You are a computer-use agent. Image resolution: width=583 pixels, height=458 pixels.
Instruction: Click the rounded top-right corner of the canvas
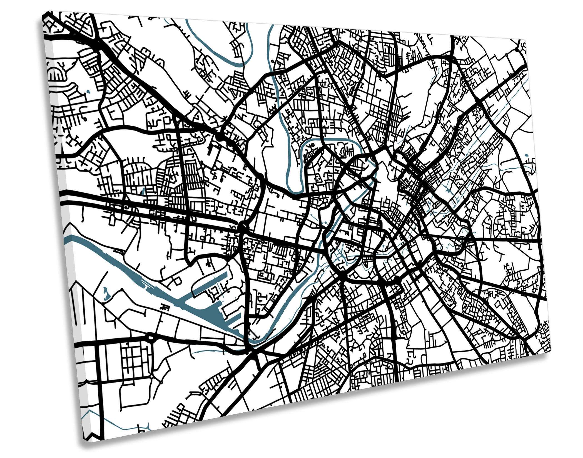click(525, 42)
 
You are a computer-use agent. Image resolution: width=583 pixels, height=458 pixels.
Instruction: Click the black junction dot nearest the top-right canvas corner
click(517, 49)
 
